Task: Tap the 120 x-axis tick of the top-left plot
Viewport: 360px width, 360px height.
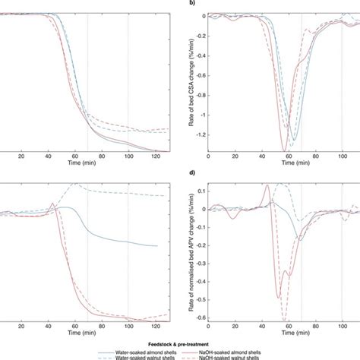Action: pyautogui.click(x=154, y=156)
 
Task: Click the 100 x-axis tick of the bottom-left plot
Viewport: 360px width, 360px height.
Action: pyautogui.click(x=128, y=330)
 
